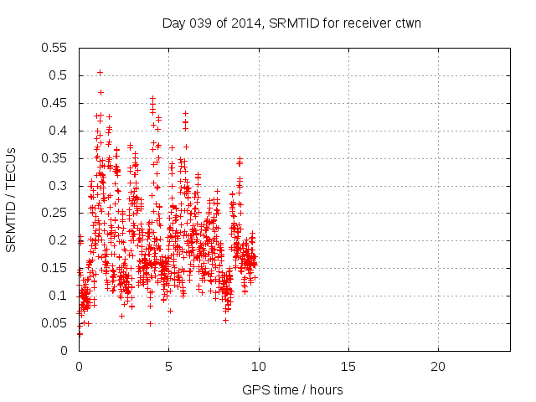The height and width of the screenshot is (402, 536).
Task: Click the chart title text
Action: (291, 23)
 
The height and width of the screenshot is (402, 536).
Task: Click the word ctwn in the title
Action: (406, 23)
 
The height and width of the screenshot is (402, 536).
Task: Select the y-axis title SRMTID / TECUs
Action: (12, 199)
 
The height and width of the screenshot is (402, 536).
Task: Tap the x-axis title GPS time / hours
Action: (292, 389)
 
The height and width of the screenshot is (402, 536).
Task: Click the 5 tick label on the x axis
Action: (168, 366)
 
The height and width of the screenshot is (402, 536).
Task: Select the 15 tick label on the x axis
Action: (348, 366)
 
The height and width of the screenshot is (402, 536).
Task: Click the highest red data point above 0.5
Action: (100, 72)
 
